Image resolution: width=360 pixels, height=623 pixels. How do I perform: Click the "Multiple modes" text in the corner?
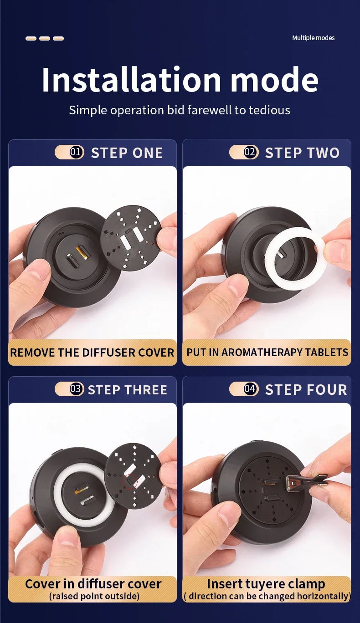(313, 38)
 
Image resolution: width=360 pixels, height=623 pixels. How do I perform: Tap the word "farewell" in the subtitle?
(209, 110)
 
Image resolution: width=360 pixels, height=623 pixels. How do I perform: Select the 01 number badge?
(77, 152)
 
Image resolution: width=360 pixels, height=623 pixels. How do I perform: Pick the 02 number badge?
(251, 152)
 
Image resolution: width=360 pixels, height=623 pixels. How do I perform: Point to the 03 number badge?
(77, 388)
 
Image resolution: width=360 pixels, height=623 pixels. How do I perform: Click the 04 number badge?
(251, 388)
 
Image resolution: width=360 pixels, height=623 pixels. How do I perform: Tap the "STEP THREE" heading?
(128, 390)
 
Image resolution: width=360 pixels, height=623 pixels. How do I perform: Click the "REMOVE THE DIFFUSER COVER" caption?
(92, 352)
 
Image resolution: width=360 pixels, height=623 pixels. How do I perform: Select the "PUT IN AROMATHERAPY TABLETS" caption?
(267, 352)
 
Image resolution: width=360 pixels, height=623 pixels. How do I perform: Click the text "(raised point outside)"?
(94, 596)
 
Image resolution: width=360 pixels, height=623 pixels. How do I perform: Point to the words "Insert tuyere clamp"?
(266, 583)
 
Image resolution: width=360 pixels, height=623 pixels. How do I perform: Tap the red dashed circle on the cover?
(130, 481)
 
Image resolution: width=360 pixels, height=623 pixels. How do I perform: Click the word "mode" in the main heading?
(275, 80)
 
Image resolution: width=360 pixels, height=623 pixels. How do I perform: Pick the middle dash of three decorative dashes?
(45, 38)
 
